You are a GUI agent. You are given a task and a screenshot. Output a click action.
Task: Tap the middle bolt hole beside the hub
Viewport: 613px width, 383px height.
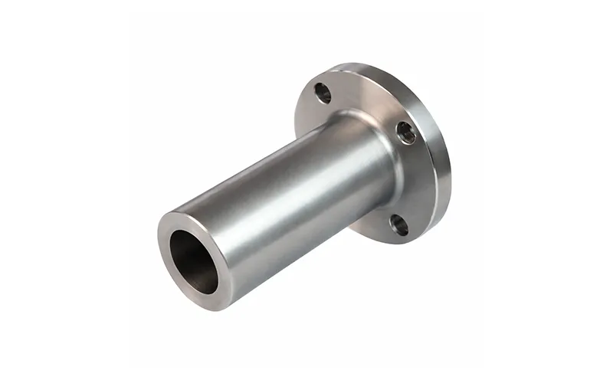point(406,133)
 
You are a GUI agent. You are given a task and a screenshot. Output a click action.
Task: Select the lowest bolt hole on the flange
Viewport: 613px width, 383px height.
point(398,224)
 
